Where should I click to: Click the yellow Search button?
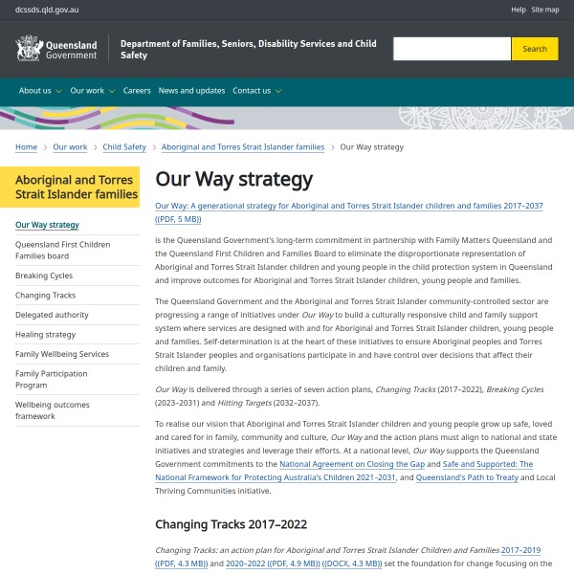(535, 49)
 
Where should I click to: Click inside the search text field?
(451, 49)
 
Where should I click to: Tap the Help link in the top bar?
(519, 10)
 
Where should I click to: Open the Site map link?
(545, 10)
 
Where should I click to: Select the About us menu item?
(39, 91)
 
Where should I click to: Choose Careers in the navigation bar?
(137, 91)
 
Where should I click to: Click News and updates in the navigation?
(191, 91)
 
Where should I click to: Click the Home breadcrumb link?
(26, 147)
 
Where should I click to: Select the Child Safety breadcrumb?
(124, 147)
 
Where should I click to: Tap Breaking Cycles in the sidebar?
(44, 276)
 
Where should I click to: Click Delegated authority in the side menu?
(52, 315)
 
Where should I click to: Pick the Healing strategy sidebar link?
(45, 335)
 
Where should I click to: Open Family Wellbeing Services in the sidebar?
(62, 354)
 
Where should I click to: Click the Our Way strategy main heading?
(233, 179)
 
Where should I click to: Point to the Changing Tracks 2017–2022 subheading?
(231, 524)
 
